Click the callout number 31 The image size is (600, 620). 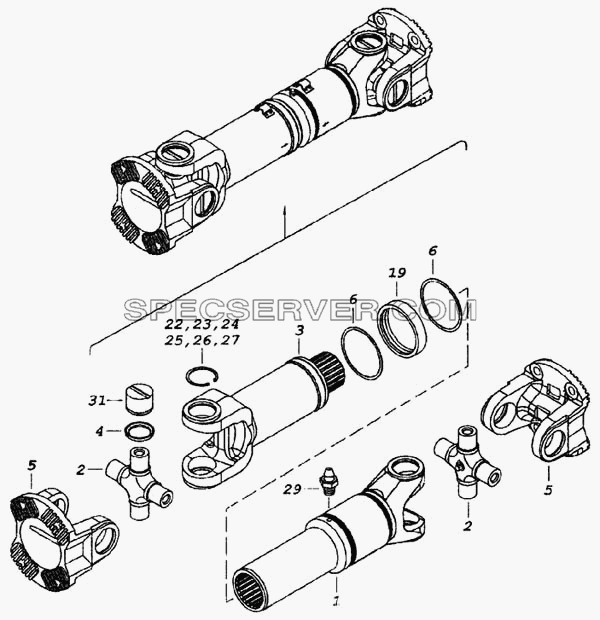[x=96, y=401]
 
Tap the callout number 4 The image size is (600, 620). [x=99, y=431]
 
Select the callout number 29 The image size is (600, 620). [x=291, y=490]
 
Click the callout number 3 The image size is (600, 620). [x=300, y=330]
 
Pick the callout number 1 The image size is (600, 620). [x=336, y=601]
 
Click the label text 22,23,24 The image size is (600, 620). [x=202, y=324]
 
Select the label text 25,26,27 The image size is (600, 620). [x=202, y=340]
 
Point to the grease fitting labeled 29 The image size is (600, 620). [x=326, y=481]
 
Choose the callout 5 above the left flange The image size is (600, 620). [x=32, y=465]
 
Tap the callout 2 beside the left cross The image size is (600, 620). [x=80, y=470]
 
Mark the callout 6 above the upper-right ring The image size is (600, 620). [x=432, y=251]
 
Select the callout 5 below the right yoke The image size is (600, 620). [x=548, y=490]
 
